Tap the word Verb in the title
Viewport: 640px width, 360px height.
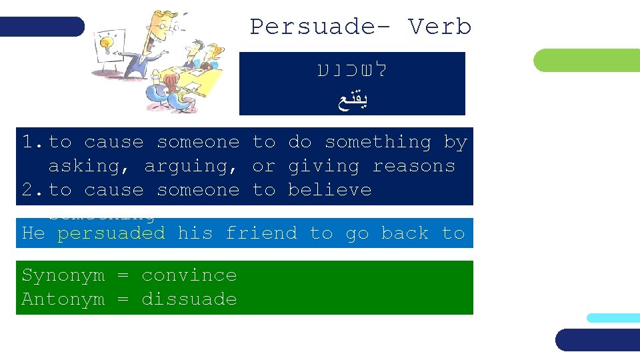click(440, 27)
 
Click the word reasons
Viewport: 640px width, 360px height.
click(413, 166)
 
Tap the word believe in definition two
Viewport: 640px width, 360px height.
click(329, 190)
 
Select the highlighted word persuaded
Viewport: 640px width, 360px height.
click(111, 233)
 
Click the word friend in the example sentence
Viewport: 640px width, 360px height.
click(261, 233)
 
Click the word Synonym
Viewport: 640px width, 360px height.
click(63, 275)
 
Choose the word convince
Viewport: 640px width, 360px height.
click(189, 275)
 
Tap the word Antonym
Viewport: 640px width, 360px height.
click(63, 299)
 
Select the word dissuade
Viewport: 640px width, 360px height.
click(189, 299)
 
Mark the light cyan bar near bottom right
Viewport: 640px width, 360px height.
click(613, 318)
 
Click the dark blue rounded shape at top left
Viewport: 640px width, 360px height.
click(42, 27)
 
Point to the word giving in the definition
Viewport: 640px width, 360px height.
click(323, 166)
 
